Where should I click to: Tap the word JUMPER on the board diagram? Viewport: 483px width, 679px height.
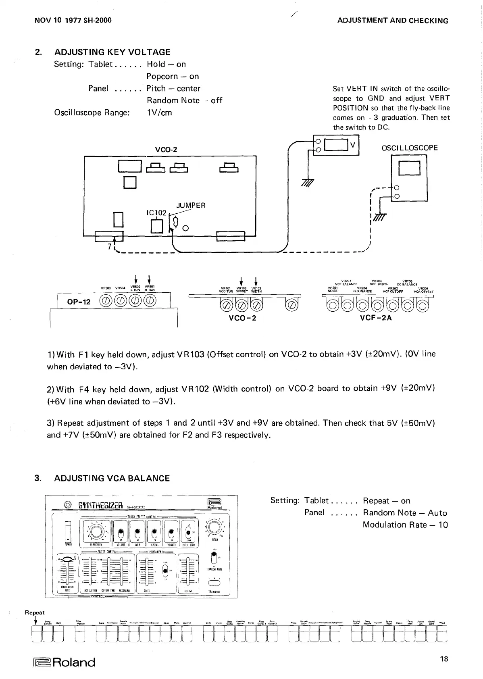[x=191, y=205]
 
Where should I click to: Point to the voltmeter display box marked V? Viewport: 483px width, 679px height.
[x=336, y=144]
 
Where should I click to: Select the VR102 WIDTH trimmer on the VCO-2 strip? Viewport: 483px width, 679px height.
[x=256, y=305]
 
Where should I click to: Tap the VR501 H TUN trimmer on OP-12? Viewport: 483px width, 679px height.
[x=150, y=301]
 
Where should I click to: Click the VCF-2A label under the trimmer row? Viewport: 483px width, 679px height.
[x=376, y=317]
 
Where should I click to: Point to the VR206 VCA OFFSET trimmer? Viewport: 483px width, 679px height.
[x=423, y=306]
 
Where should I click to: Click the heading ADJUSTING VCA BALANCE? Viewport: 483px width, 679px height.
[x=112, y=478]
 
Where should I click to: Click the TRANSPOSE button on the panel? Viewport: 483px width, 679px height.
[x=213, y=582]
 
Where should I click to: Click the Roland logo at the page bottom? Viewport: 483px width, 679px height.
[x=64, y=662]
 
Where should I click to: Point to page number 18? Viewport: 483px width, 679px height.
[x=444, y=659]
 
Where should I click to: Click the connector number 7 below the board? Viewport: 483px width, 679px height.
[x=109, y=247]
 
